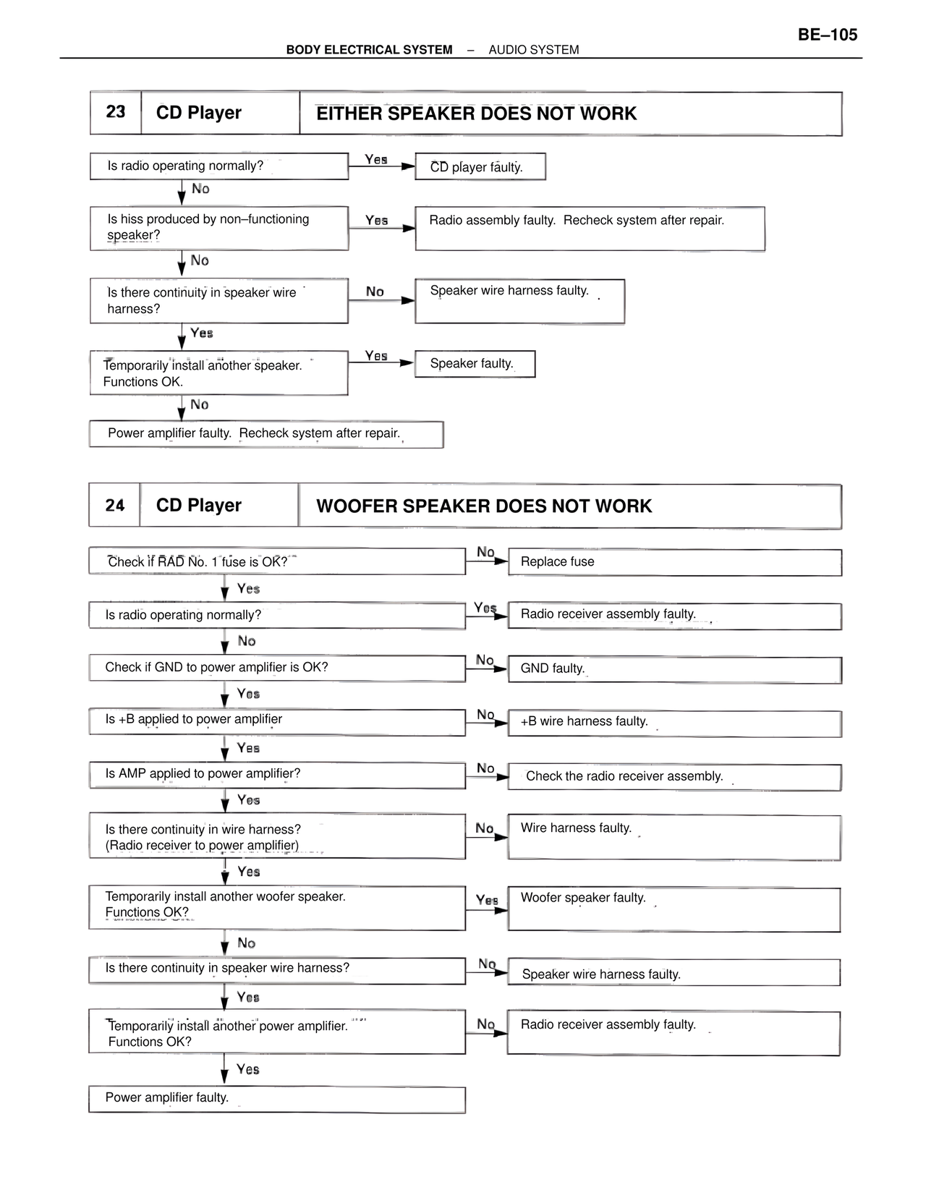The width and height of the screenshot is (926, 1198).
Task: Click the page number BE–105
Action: [x=827, y=35]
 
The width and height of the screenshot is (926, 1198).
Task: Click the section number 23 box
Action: [x=116, y=112]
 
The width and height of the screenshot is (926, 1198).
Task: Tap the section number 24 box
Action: [x=115, y=505]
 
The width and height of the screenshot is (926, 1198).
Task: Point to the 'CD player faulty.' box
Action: [x=480, y=167]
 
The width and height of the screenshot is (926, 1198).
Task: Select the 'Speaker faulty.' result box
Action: [x=475, y=364]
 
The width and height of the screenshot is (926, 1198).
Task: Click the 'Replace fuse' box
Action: [x=674, y=562]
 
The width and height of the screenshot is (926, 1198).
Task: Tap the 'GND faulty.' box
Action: [x=674, y=669]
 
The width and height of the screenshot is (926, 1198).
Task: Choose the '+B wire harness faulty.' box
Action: [x=674, y=723]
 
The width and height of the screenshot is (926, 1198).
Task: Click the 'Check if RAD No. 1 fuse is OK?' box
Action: [x=276, y=561]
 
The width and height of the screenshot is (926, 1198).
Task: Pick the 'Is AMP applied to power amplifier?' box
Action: [x=276, y=775]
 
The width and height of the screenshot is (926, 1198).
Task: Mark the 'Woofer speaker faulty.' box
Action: [x=674, y=909]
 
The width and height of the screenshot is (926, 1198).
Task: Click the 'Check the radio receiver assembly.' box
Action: [x=674, y=777]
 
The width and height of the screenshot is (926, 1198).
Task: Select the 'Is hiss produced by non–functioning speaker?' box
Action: [x=219, y=228]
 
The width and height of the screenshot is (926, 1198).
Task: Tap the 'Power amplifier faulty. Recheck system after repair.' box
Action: [x=266, y=434]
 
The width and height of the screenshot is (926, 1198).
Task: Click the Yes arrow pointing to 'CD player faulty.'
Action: [x=381, y=166]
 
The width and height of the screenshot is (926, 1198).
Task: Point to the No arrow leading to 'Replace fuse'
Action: [x=487, y=560]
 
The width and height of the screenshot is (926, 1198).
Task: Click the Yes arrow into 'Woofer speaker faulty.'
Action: [x=487, y=909]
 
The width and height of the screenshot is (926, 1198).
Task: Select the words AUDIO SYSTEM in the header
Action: [x=534, y=50]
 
